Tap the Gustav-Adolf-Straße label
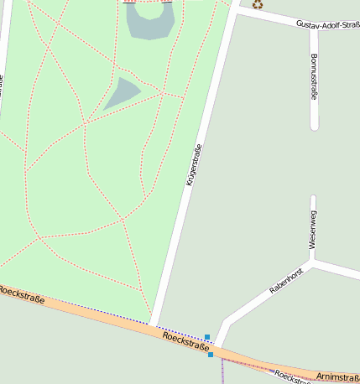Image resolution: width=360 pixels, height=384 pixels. pos(327,25)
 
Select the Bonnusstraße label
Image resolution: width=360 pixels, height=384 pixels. pos(314,77)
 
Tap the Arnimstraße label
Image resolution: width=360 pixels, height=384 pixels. pos(338,377)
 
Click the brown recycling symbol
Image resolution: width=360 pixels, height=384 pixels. pos(258,4)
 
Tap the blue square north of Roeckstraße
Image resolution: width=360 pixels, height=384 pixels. pos(207,337)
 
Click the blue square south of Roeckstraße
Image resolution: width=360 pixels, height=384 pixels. pos(211,355)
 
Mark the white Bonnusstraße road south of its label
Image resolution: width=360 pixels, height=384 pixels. pos(314,117)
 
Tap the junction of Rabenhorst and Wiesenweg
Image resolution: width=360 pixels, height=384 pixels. pos(313,261)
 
